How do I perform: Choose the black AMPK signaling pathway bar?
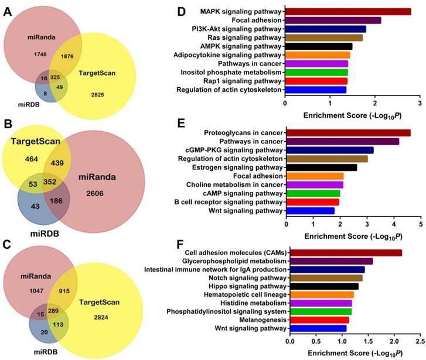(x=319, y=46)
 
